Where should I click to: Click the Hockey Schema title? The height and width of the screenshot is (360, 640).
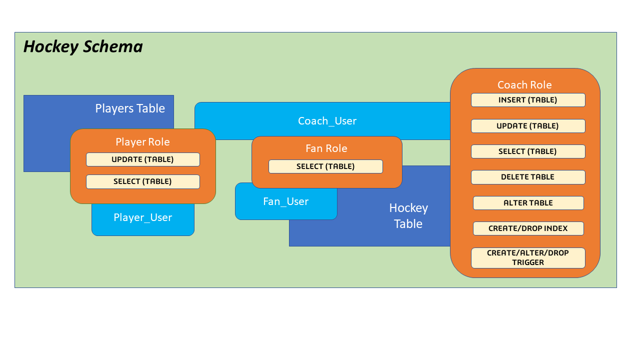point(83,46)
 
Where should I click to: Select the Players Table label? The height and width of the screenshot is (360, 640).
point(130,108)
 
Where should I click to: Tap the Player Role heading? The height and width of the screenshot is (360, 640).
point(142,142)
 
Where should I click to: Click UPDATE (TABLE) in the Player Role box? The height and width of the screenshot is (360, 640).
point(142,159)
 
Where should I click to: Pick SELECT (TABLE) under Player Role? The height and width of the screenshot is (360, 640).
point(142,181)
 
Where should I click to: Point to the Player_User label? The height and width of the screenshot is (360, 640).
point(142,217)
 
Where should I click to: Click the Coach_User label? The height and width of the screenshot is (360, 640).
point(327,121)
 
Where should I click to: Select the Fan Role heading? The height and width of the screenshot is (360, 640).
point(326,148)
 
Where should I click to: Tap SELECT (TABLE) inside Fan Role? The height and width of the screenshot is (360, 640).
point(325,166)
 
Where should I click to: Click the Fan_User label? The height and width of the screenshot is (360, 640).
point(285,201)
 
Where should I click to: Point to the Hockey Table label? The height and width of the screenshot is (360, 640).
point(408,215)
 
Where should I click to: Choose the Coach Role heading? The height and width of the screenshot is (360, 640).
point(524,85)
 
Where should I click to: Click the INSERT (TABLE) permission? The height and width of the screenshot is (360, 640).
point(527,100)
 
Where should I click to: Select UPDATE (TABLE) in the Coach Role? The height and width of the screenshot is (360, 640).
point(527,126)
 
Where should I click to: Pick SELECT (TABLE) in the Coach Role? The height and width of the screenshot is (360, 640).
point(527,151)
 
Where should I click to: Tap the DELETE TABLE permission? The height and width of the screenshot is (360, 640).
point(527,177)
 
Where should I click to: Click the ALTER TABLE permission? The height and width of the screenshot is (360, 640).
point(528,203)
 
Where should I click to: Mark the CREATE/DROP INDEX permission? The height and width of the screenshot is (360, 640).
point(528,228)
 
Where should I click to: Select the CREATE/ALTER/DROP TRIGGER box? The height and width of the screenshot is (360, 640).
point(527,257)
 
